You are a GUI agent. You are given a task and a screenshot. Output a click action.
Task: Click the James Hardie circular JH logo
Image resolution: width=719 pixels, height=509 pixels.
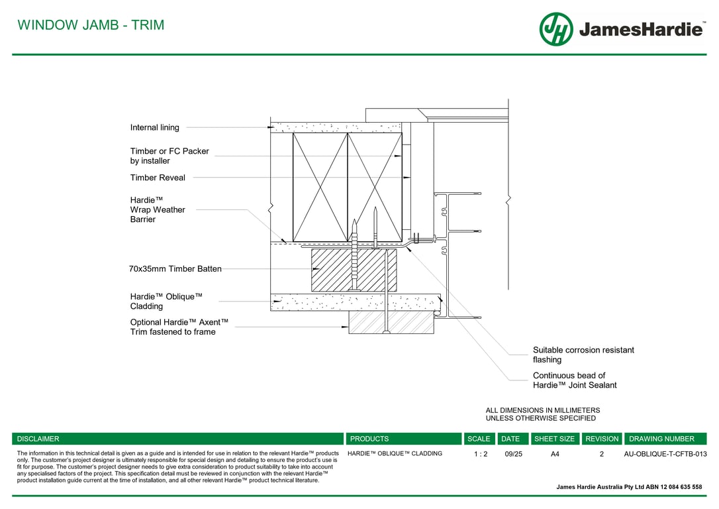pyautogui.click(x=556, y=29)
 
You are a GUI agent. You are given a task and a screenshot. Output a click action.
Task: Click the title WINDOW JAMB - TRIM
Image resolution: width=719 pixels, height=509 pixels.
pyautogui.click(x=91, y=25)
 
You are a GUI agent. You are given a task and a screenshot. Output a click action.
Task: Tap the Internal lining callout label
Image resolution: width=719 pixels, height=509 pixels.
pyautogui.click(x=154, y=128)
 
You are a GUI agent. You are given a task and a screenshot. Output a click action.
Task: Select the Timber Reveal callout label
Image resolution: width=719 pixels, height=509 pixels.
pyautogui.click(x=158, y=178)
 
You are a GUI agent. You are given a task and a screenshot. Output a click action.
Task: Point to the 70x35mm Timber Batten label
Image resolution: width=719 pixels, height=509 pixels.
pyautogui.click(x=175, y=269)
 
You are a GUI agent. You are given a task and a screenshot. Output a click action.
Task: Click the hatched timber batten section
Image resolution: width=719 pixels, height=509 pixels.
pyautogui.click(x=354, y=270)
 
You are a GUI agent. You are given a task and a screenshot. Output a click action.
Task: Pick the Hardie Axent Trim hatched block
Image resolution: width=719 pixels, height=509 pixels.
pyautogui.click(x=391, y=322)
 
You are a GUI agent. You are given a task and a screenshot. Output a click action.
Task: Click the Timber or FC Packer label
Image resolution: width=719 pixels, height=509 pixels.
pyautogui.click(x=169, y=156)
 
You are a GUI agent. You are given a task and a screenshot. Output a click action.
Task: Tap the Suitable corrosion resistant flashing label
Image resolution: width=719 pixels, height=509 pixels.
pyautogui.click(x=583, y=355)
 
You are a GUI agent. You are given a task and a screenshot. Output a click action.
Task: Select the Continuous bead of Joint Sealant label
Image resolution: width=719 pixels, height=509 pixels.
pyautogui.click(x=575, y=380)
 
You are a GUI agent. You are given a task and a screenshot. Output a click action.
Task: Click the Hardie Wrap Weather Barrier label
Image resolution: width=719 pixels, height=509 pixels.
pyautogui.click(x=158, y=209)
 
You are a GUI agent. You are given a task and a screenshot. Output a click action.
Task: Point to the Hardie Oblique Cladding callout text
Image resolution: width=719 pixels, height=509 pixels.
pyautogui.click(x=166, y=302)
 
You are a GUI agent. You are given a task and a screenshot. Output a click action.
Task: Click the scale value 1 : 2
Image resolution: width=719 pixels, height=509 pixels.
pyautogui.click(x=481, y=454)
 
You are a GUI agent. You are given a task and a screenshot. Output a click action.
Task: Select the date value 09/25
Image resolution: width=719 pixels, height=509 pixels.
pyautogui.click(x=513, y=454)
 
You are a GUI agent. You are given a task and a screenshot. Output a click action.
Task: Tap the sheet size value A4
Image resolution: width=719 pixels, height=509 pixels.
pyautogui.click(x=555, y=454)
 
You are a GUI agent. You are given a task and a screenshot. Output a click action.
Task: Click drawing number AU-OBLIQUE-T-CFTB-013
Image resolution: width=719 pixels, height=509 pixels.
pyautogui.click(x=665, y=454)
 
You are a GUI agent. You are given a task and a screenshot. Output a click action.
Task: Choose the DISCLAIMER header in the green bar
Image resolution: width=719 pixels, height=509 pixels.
pyautogui.click(x=38, y=439)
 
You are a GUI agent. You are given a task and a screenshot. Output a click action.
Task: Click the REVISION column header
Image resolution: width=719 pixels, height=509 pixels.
pyautogui.click(x=602, y=439)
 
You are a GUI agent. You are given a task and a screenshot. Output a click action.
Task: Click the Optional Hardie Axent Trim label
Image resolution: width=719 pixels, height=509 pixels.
pyautogui.click(x=179, y=327)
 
